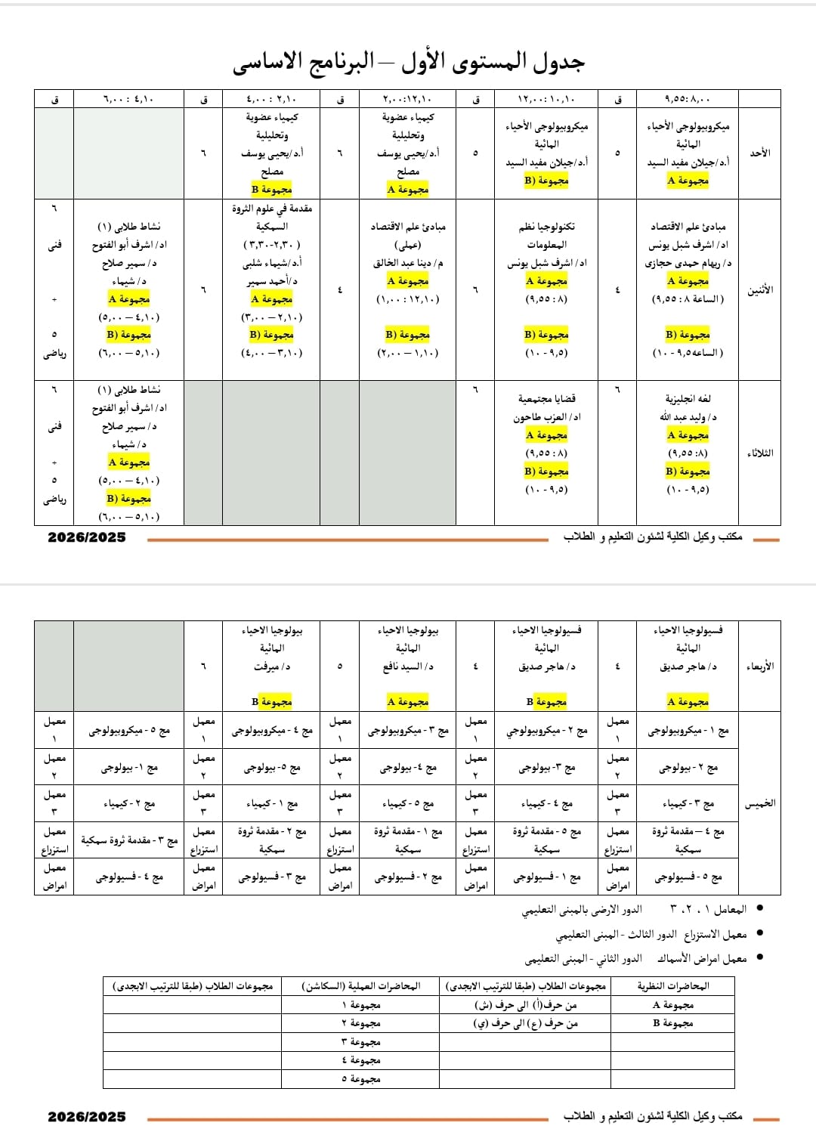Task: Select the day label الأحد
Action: (759, 153)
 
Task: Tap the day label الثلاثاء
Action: (759, 453)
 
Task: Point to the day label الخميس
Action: (759, 803)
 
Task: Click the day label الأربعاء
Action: (759, 666)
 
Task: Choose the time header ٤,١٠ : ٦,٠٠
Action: (128, 98)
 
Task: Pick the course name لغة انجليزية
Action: (688, 398)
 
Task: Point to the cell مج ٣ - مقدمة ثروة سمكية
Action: (129, 840)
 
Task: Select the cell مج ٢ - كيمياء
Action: (129, 804)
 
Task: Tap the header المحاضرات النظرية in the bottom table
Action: (673, 985)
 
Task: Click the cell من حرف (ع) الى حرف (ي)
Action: (525, 1023)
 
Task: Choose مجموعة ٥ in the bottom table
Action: (360, 1078)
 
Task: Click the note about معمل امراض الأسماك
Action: (635, 958)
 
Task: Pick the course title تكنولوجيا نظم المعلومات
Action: (546, 235)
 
